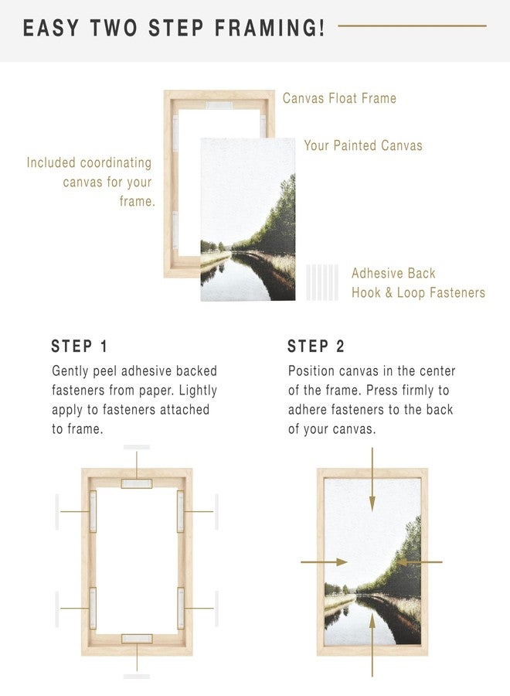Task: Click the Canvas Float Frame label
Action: [339, 98]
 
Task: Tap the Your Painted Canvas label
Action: [363, 145]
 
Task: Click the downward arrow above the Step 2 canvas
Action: [372, 479]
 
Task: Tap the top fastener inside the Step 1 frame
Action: [137, 483]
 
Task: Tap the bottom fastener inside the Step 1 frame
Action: [137, 639]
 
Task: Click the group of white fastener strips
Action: [322, 282]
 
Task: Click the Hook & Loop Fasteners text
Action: [418, 292]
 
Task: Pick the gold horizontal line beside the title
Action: [412, 26]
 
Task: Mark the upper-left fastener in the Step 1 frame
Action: [93, 512]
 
